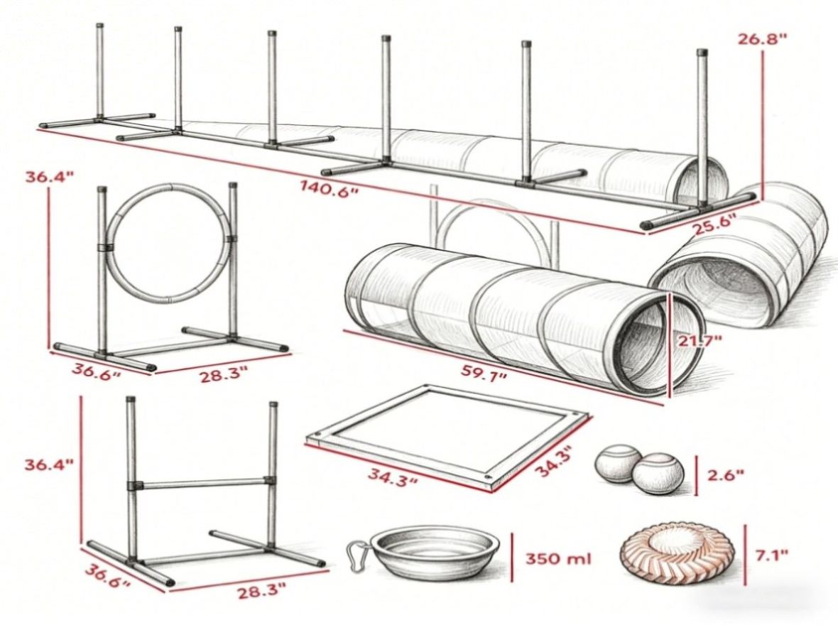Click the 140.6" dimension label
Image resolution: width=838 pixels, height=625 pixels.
(328, 189)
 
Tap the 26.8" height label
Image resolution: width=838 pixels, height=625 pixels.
(762, 38)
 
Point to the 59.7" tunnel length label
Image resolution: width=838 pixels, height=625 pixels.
(484, 373)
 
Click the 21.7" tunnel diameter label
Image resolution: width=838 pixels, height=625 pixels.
(700, 341)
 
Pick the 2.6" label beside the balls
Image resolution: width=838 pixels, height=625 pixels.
(725, 474)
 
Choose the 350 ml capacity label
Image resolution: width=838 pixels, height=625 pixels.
(558, 559)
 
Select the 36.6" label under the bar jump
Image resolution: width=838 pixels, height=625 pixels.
(107, 576)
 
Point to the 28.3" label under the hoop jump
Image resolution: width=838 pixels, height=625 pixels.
(224, 375)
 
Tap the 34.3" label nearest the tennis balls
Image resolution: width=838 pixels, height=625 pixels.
(554, 462)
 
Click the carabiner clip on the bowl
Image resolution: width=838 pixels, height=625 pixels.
(357, 557)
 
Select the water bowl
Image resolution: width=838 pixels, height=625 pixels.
(435, 555)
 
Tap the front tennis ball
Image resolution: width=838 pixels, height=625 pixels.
(658, 474)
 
